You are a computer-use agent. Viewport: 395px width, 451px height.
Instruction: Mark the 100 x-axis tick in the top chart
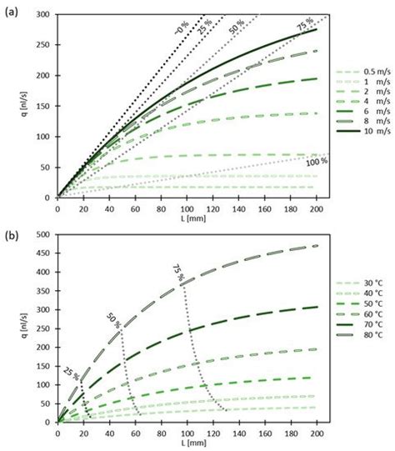pos(187,209)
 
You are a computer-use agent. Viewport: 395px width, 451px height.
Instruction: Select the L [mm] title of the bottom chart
pos(187,443)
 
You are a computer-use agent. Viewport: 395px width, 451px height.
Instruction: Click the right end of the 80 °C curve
pos(317,246)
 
